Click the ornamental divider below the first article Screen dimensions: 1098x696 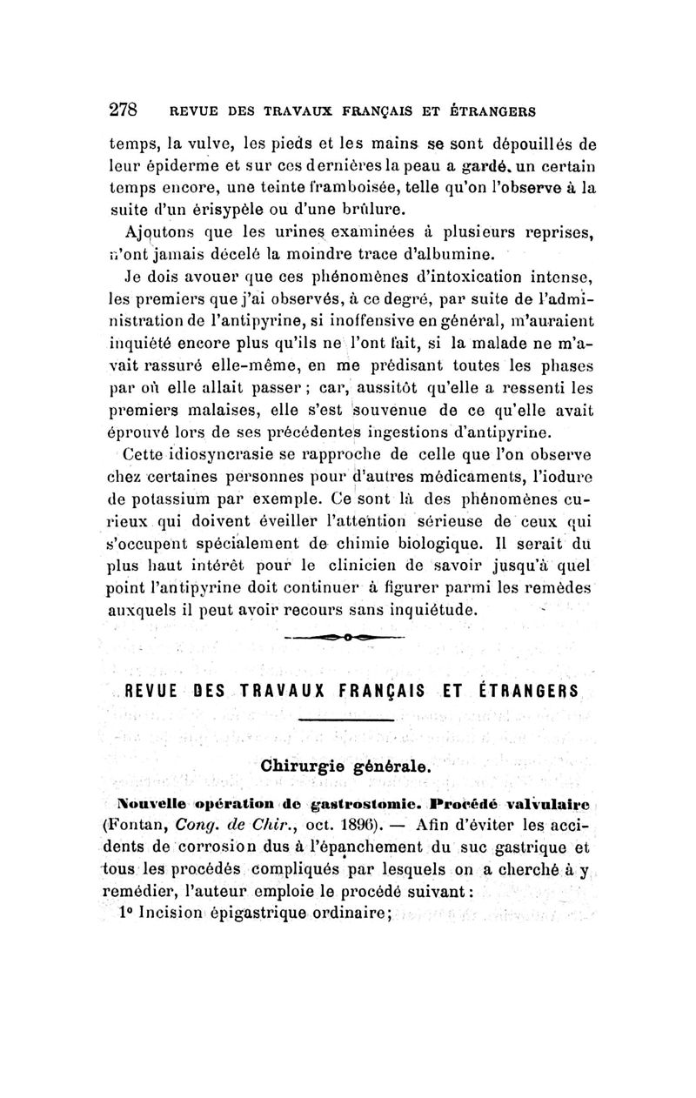click(345, 639)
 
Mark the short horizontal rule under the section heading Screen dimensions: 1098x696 click(345, 720)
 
